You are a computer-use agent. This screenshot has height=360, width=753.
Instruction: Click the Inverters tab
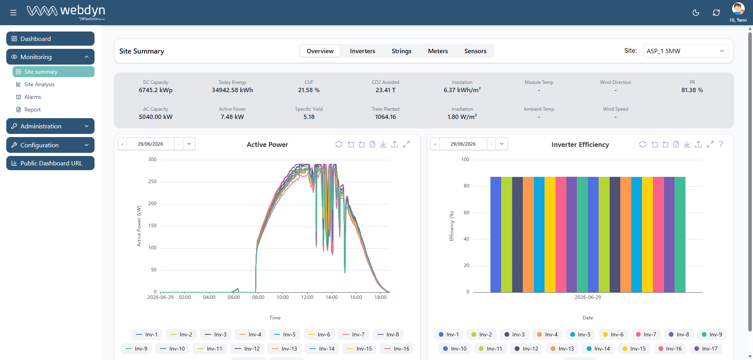(x=362, y=51)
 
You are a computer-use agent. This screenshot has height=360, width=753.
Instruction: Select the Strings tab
(x=401, y=51)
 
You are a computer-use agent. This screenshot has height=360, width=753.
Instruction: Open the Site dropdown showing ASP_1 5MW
(x=685, y=51)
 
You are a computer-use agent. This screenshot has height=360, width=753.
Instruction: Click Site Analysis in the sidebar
(x=39, y=84)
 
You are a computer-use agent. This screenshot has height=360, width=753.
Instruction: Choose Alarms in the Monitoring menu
(x=33, y=97)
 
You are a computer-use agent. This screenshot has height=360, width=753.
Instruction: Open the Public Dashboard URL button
(x=50, y=163)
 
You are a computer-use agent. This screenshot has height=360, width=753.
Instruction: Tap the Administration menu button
(x=50, y=126)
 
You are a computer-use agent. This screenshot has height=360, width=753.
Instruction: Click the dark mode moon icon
(x=696, y=13)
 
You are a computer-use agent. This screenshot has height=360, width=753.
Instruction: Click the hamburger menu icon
(x=13, y=13)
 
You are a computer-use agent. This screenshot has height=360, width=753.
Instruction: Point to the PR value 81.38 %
(x=692, y=90)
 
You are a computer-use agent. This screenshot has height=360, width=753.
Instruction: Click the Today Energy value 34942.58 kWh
(x=232, y=90)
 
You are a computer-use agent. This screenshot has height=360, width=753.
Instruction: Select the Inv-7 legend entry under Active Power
(x=354, y=334)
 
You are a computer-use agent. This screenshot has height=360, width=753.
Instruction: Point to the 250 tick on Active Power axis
(x=152, y=182)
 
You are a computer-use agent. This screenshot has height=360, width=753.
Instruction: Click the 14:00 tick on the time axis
(x=332, y=297)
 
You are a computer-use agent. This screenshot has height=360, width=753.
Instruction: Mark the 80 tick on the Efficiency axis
(x=466, y=186)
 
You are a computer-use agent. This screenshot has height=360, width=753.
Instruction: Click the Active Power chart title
(x=267, y=145)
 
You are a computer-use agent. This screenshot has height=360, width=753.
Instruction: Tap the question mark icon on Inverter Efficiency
(x=721, y=144)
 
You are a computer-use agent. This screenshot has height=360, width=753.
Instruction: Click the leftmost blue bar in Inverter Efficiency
(x=495, y=234)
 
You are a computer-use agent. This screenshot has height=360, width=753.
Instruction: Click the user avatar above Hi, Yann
(x=738, y=9)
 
